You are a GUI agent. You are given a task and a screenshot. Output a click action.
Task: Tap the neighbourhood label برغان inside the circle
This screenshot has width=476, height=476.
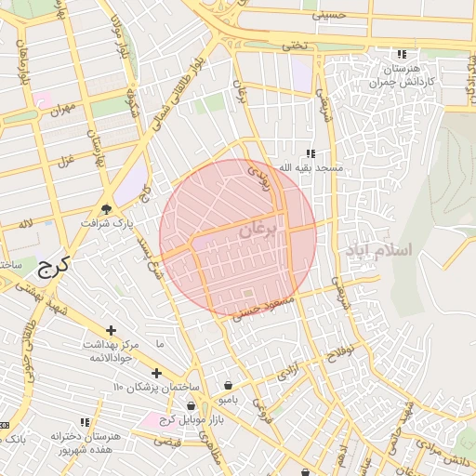(x=258, y=230)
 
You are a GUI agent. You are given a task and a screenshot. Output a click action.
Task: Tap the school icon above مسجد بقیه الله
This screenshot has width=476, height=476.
(x=311, y=153)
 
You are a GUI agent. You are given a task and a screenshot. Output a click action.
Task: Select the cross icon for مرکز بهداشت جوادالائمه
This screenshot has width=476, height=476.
(x=111, y=330)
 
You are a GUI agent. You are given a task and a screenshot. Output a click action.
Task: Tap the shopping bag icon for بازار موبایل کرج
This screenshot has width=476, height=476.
(x=192, y=405)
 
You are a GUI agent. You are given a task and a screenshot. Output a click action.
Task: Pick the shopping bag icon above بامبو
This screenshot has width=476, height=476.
(x=229, y=385)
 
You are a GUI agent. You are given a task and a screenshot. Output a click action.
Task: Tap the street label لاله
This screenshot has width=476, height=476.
(x=26, y=225)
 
